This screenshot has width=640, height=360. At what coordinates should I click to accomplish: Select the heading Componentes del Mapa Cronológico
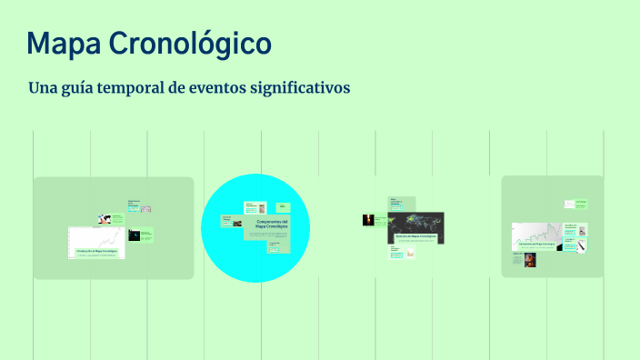coord(272,224)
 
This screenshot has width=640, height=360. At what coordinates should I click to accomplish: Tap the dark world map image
coord(415,222)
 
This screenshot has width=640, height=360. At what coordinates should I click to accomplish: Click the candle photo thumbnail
coord(368,219)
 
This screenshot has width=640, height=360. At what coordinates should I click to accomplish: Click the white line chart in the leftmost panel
coord(97,238)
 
